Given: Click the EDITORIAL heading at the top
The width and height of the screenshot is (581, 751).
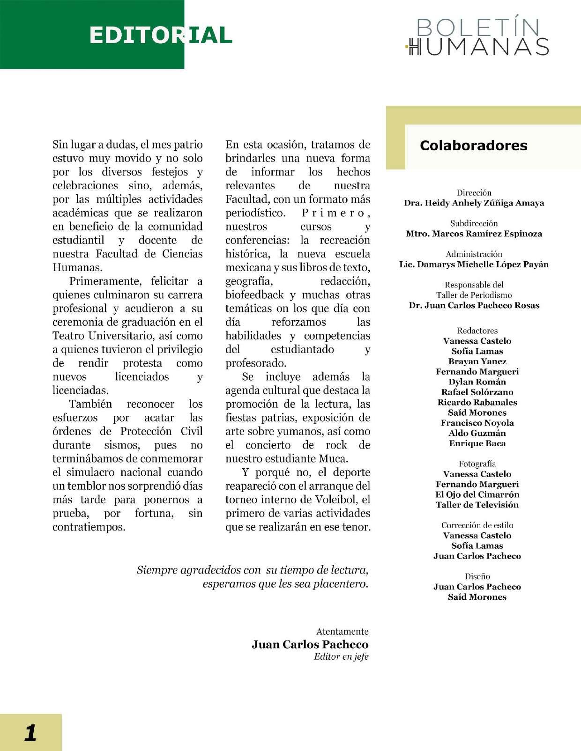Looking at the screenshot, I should (x=160, y=36).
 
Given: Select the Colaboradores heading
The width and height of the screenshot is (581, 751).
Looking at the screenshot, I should (x=473, y=146).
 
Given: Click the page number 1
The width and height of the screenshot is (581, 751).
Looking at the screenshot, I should (x=30, y=732).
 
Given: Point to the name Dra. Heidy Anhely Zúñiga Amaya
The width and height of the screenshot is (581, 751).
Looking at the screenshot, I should (x=474, y=203).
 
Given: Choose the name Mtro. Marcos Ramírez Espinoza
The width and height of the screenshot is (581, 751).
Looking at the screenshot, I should (x=474, y=234).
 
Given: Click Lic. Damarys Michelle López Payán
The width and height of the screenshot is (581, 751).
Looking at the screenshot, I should (x=474, y=265).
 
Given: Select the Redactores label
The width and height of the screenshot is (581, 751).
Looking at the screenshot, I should (x=477, y=331).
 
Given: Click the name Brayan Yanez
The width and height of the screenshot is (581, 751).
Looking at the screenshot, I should (x=477, y=361).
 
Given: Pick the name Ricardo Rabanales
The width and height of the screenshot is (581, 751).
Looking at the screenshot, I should (x=477, y=402).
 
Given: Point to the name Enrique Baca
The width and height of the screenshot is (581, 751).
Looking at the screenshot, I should (x=477, y=443).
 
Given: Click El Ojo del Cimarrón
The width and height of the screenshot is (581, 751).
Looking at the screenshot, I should (x=477, y=494).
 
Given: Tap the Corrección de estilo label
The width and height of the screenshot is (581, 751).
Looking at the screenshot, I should (x=477, y=525).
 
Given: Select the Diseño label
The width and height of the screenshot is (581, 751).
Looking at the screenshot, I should (x=477, y=576).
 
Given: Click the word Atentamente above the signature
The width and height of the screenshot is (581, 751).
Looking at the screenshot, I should (x=342, y=632).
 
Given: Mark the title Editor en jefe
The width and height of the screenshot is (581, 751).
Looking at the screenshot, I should (x=341, y=656).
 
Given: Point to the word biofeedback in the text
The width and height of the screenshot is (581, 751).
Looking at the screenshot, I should (x=254, y=295).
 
